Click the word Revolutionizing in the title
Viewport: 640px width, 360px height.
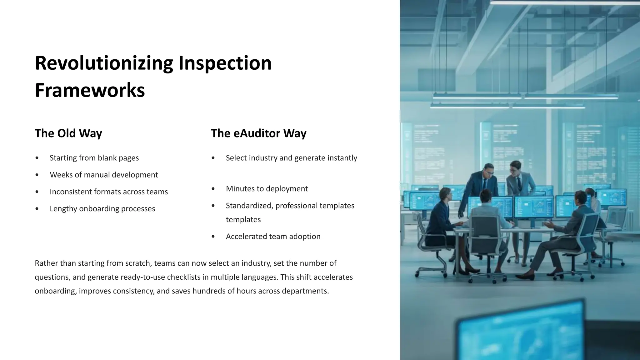point(103,63)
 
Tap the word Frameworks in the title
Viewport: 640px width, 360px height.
point(90,91)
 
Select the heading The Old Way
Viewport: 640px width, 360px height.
point(68,133)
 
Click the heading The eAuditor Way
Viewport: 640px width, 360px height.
point(258,133)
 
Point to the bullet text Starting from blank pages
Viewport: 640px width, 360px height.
point(94,158)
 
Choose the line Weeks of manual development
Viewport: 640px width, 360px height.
point(104,175)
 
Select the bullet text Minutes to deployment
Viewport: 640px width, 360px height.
point(267,189)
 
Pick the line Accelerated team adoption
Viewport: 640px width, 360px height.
point(273,237)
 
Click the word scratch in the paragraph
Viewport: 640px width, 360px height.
point(138,263)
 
